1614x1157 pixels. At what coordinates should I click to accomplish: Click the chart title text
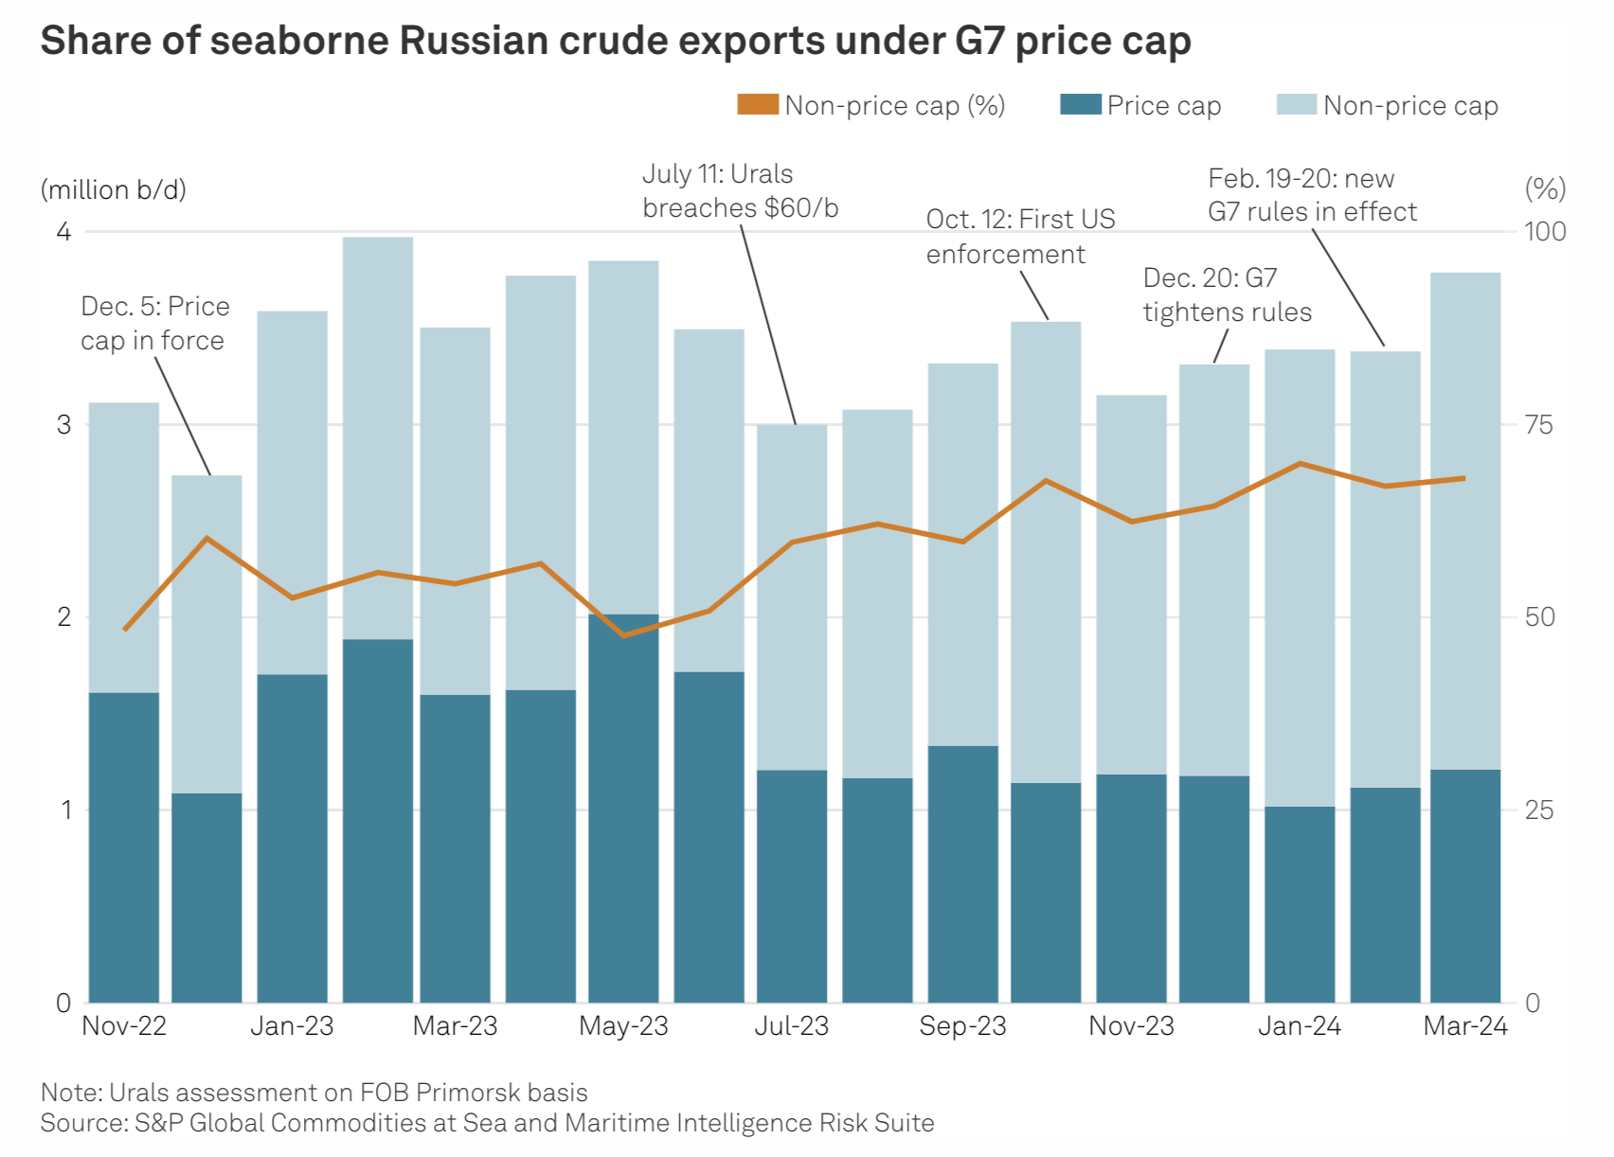615,41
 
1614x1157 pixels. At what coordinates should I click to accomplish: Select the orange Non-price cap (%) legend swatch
758,104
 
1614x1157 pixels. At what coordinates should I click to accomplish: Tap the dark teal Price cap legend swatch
1080,104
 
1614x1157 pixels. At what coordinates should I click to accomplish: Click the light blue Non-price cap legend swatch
1296,104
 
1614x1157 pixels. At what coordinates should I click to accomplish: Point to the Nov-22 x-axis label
124,1026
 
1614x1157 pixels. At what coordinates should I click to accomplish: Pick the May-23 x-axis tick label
623,1026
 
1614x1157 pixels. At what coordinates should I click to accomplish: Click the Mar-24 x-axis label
1464,1026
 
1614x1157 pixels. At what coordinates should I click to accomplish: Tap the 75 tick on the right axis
1539,425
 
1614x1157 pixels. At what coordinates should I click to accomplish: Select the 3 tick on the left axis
63,425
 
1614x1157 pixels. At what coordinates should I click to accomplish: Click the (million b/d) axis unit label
114,190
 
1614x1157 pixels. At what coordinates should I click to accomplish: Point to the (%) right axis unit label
1545,189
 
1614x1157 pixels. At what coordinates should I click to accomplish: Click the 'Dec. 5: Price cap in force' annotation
154,324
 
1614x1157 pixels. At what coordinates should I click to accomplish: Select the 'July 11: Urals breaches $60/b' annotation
740,191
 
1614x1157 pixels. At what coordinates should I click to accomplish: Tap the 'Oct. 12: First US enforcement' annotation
1020,237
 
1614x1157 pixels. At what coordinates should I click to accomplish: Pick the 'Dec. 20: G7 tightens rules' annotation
1227,295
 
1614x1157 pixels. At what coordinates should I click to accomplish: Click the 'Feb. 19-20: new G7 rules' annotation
1312,195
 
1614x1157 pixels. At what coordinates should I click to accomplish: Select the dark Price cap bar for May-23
623,810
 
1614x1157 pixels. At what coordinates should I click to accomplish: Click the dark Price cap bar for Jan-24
1300,904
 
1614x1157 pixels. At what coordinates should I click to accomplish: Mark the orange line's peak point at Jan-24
1300,464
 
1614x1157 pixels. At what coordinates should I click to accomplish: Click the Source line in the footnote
487,1124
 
